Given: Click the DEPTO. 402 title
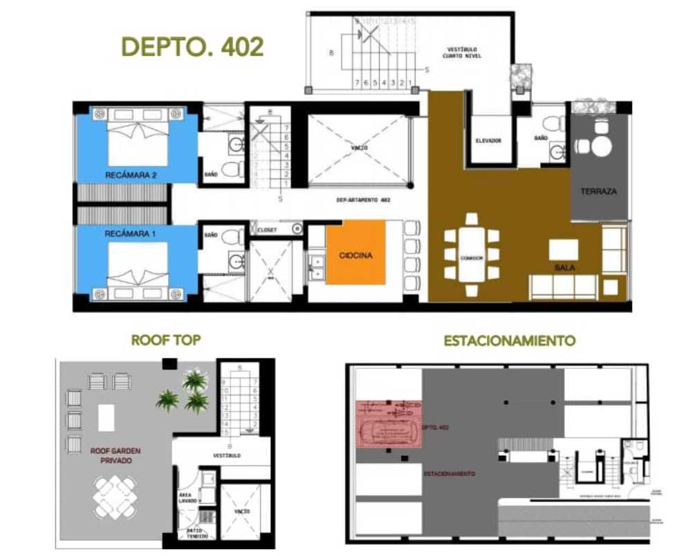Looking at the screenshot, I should [192, 46].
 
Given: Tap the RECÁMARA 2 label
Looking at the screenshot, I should [131, 175].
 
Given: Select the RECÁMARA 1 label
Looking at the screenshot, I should [131, 234].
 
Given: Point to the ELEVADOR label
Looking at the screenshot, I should [488, 141].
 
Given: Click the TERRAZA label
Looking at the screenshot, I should [599, 191].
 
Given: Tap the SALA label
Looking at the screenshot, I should [565, 267].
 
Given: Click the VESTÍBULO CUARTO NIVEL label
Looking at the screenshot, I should [462, 52].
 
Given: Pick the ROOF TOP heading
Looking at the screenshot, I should [166, 341].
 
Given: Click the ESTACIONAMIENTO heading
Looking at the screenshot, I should [509, 341].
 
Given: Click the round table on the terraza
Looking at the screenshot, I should [601, 146].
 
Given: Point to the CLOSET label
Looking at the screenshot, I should [267, 229].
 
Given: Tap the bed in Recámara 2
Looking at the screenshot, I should [138, 138].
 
